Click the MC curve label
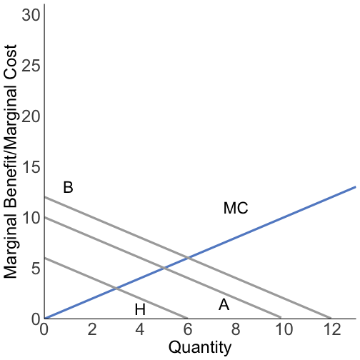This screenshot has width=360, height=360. pos(236,209)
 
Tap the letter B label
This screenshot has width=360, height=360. pos(68,188)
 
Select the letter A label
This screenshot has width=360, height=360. pos(224,305)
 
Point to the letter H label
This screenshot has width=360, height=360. pos(140,310)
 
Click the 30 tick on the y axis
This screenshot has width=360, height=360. pos(30,15)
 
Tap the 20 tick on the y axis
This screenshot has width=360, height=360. pos(30,116)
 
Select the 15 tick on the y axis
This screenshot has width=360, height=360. pos(30,167)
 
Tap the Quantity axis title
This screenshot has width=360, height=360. pos(199,348)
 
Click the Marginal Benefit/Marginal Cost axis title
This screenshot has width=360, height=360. pos(11,161)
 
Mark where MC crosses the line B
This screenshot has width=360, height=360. pos(187,258)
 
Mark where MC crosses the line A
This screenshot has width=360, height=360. pos(164,268)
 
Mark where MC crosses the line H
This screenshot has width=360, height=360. pos(116,288)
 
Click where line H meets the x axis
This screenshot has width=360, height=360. pos(187,319)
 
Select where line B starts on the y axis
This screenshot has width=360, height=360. pos(44,197)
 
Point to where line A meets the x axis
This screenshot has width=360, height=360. pos(282,319)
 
